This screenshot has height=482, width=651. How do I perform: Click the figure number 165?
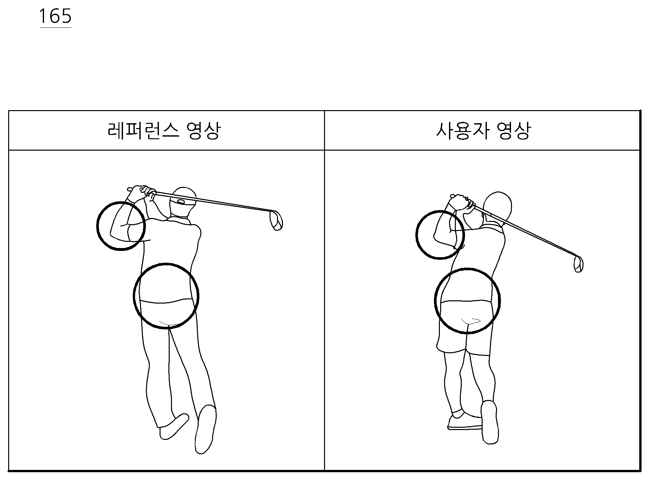point(55,16)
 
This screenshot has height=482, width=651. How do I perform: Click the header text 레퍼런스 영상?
point(164,131)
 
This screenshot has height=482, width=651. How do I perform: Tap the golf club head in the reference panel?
point(276,221)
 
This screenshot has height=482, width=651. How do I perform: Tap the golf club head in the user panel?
point(579,264)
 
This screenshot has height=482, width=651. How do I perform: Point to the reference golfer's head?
point(183,203)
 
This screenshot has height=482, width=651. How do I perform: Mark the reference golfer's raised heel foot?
point(205,429)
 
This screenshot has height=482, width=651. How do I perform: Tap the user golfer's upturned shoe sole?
point(490,422)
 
